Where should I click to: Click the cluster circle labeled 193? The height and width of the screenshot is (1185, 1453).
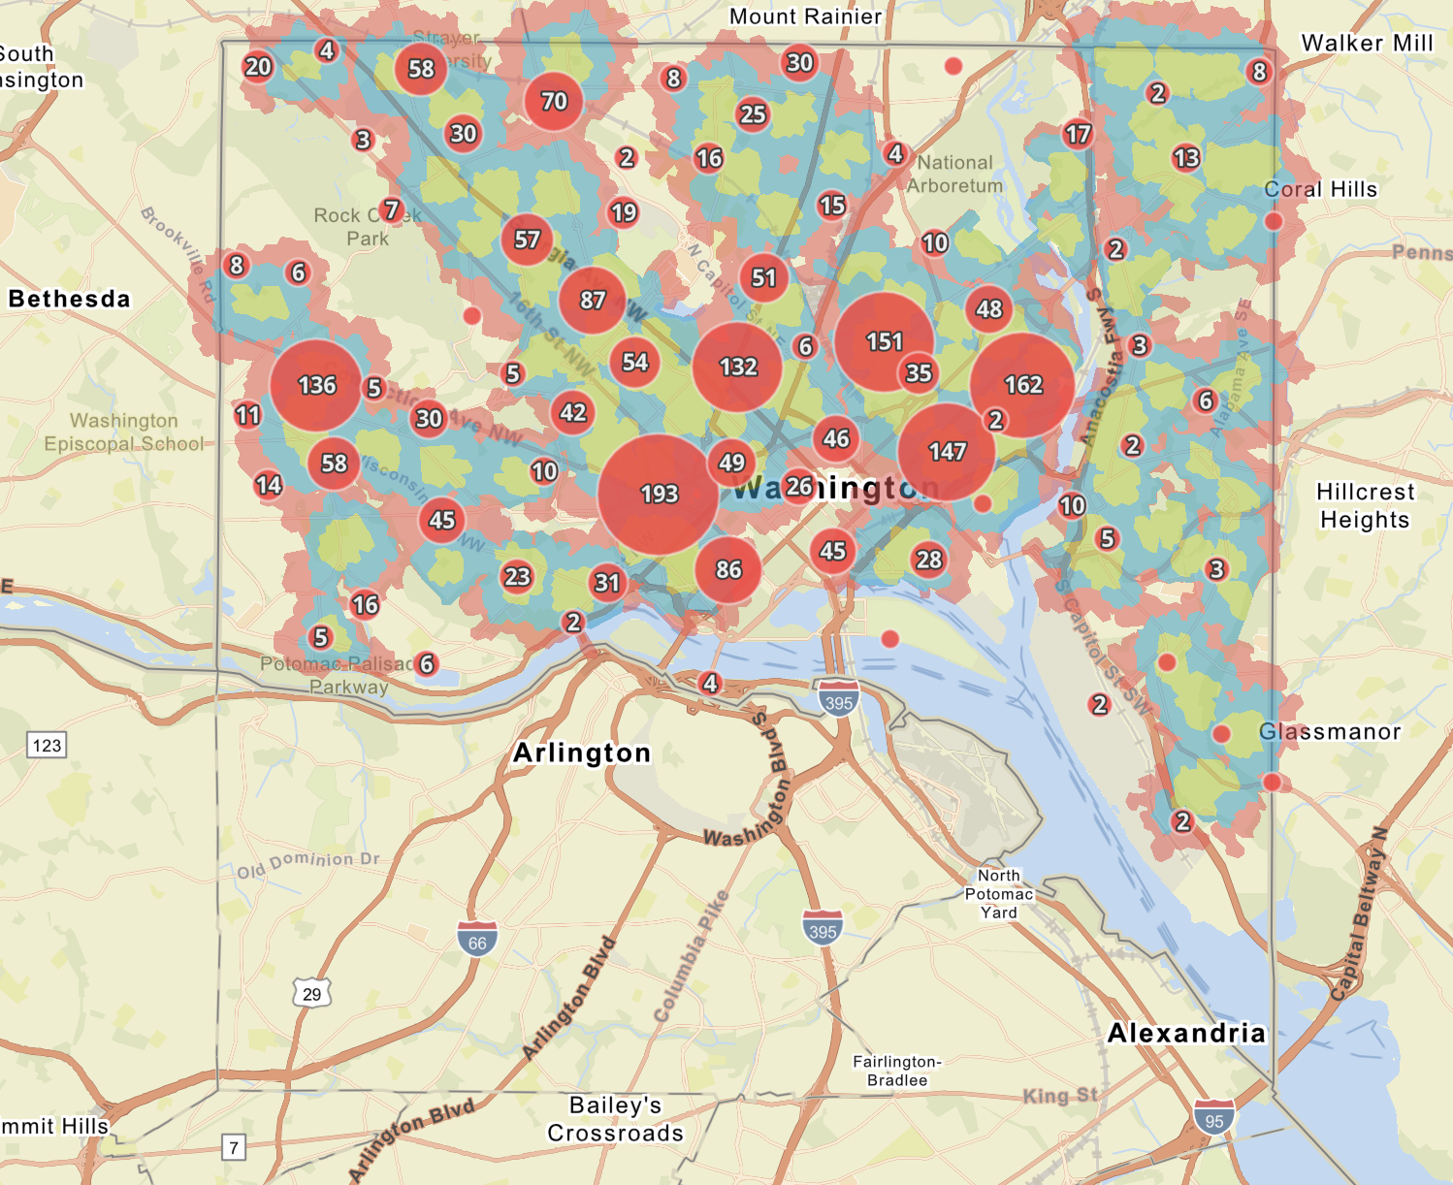click(x=659, y=494)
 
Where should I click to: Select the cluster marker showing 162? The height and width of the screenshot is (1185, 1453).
click(x=1022, y=385)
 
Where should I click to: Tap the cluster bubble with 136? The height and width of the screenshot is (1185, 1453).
click(x=316, y=385)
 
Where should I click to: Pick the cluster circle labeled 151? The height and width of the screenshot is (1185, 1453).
click(x=884, y=341)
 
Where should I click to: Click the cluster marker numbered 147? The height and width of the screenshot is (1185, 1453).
click(x=947, y=451)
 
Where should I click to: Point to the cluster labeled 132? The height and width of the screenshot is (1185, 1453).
click(x=737, y=367)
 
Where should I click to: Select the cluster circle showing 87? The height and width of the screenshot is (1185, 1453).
click(x=592, y=301)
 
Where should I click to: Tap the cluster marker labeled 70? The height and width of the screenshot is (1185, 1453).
click(x=553, y=101)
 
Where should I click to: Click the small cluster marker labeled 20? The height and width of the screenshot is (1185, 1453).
click(x=258, y=67)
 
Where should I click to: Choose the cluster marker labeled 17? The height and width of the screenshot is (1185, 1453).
click(x=1078, y=134)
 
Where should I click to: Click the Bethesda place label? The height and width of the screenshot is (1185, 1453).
click(x=69, y=299)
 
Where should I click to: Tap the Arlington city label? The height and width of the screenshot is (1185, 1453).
click(x=582, y=753)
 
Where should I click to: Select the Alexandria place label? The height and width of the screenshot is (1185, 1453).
click(x=1186, y=1033)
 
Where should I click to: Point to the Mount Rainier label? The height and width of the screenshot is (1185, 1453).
click(x=805, y=16)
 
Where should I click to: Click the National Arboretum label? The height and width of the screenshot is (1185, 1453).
click(x=954, y=175)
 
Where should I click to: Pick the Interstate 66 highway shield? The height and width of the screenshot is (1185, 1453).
click(x=477, y=941)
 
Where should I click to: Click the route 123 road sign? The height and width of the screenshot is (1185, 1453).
click(x=47, y=745)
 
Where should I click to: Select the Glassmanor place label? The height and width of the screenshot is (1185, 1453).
click(x=1330, y=732)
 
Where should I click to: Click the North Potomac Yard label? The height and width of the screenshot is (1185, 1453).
click(x=999, y=893)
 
